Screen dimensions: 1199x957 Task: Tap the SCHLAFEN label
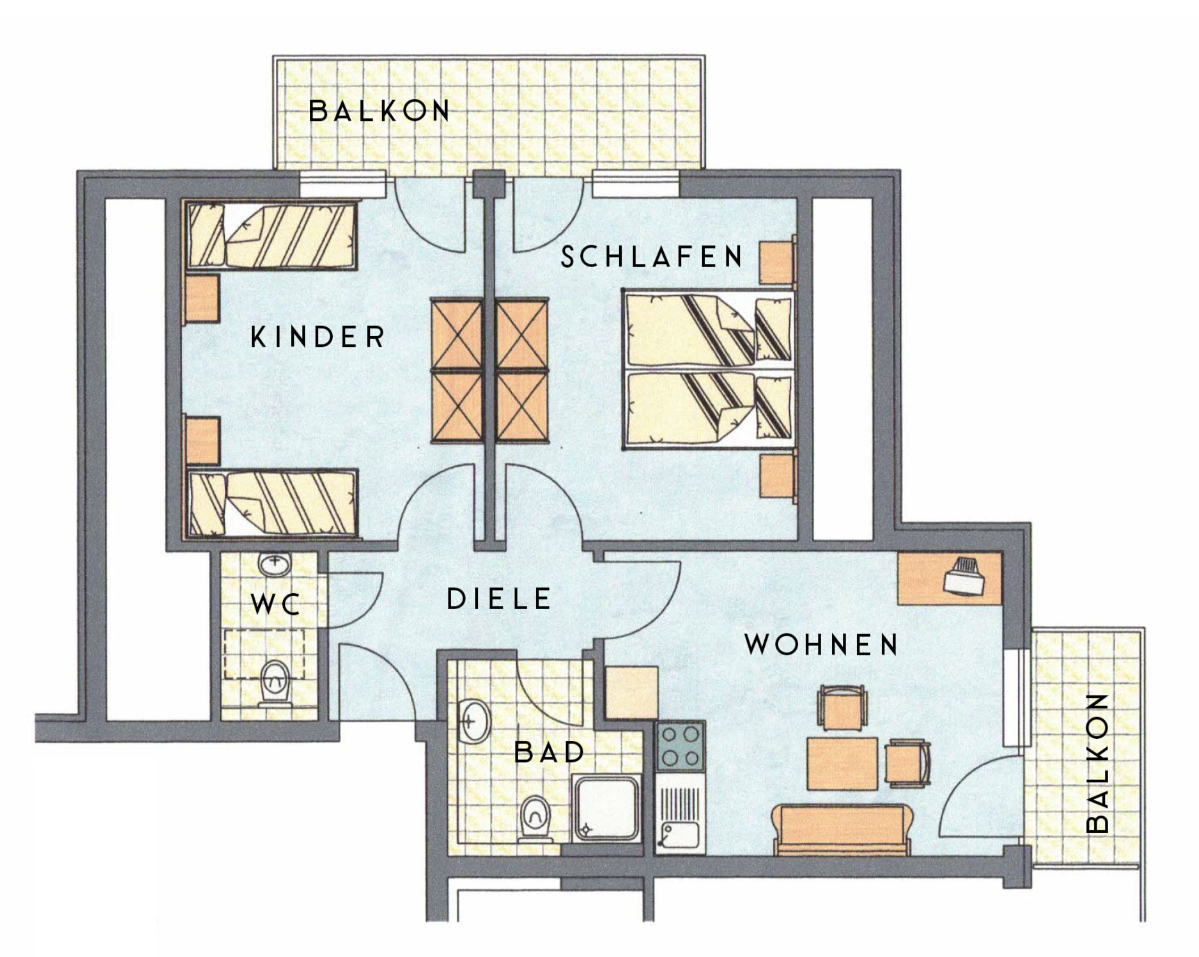click(x=651, y=256)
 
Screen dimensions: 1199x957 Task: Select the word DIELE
click(x=499, y=599)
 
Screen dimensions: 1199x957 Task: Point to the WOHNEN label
click(x=822, y=644)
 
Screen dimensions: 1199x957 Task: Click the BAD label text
click(x=550, y=753)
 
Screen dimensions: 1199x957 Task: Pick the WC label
click(x=276, y=603)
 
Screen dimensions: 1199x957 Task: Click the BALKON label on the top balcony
click(x=379, y=110)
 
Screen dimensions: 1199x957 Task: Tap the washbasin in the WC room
click(x=275, y=565)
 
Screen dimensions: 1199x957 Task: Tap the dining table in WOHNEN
click(x=842, y=764)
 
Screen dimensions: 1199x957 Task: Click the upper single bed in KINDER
click(x=272, y=236)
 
